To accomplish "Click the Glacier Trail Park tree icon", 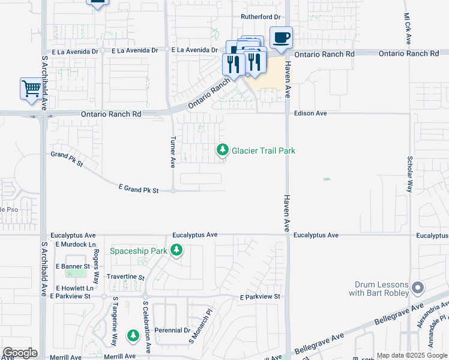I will (223, 149).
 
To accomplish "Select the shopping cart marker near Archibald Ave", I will (31, 89).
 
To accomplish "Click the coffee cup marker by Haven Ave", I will (282, 38).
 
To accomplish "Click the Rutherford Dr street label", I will (261, 17).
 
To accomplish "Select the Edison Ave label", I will (310, 113).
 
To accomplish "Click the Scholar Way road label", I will (410, 174).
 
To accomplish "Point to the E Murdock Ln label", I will (76, 245).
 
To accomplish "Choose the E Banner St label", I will (73, 266).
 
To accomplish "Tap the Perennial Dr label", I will (171, 330).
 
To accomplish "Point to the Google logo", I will (20, 353).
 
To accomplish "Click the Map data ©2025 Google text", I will (412, 355).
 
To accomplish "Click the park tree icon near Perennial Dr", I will (133, 336).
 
